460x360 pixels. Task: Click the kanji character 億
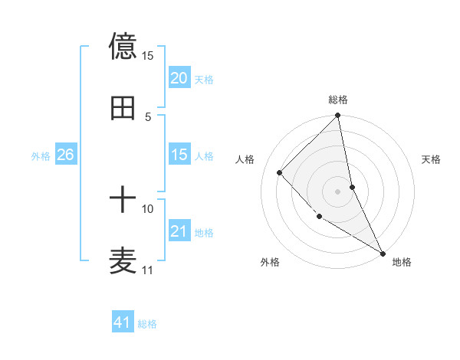pos(123,46)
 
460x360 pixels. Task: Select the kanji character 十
pos(123,201)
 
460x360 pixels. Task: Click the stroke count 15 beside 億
pos(148,56)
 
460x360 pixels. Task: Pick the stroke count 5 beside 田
pos(148,117)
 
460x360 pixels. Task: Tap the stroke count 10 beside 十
pos(148,208)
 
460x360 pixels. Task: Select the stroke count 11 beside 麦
pos(148,270)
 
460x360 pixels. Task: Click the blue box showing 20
pos(179,78)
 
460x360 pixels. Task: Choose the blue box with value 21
pos(179,231)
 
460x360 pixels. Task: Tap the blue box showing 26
pos(65,155)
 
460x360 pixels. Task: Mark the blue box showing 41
pos(123,322)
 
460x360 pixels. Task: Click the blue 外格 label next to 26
pos(41,155)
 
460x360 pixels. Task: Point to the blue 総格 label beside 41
pos(147,324)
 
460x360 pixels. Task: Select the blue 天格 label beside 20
pos(204,79)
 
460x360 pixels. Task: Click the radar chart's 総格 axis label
pos(338,100)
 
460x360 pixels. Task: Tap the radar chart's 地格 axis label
pos(402,262)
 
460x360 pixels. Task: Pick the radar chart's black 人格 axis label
pos(245,159)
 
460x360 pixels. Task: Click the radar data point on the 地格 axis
pos(383,253)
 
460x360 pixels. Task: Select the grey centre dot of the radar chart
pos(338,191)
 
